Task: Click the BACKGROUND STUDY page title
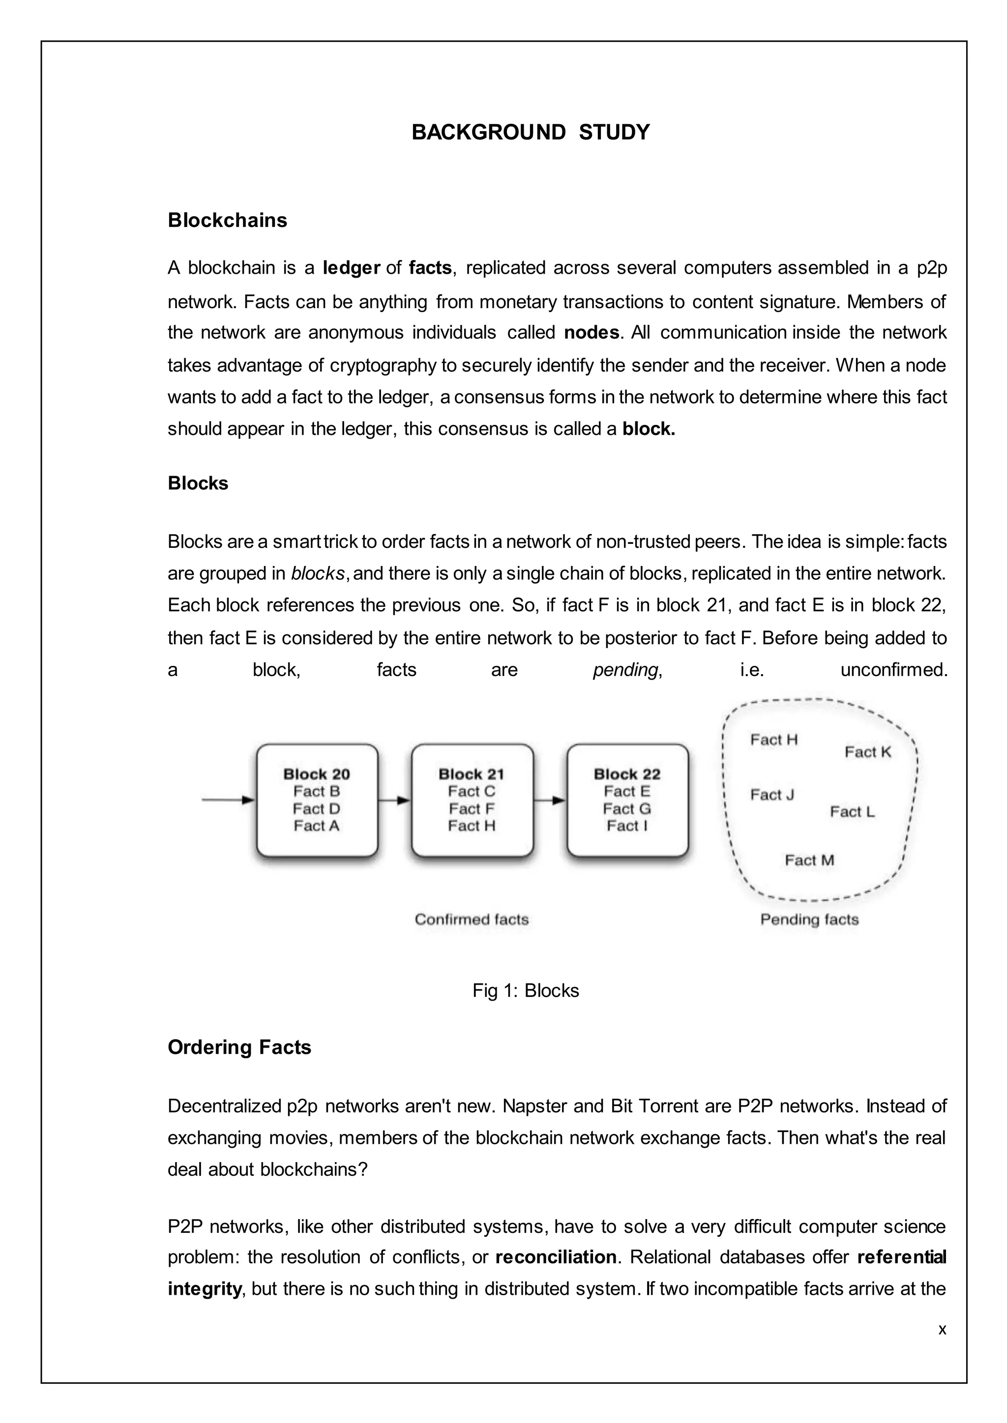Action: [x=530, y=133]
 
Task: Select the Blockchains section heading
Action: [x=227, y=220]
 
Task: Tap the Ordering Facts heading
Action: [x=239, y=1047]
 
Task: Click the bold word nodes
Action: [x=591, y=333]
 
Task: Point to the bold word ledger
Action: [x=351, y=268]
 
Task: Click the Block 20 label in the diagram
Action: [x=316, y=774]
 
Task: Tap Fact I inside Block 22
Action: [x=627, y=825]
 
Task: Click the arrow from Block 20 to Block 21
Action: [x=394, y=800]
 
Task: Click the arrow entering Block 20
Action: [x=228, y=800]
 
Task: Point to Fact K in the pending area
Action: [x=867, y=752]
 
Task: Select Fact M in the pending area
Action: [x=809, y=860]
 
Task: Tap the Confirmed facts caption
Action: [x=471, y=919]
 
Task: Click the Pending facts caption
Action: [x=809, y=919]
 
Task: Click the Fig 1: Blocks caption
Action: [x=525, y=991]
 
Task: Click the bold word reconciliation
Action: [x=556, y=1257]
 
